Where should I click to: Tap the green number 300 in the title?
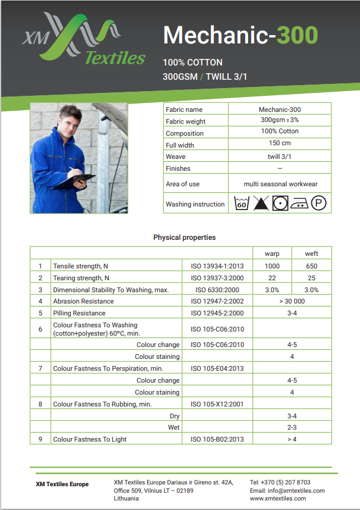(297, 35)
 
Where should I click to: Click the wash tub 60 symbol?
(241, 204)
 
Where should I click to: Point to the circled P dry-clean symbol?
(319, 204)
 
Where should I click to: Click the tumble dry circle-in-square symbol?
(280, 204)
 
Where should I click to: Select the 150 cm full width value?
(280, 143)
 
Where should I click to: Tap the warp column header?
(272, 254)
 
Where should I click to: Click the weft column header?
(311, 254)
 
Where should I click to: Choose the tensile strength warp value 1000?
(272, 266)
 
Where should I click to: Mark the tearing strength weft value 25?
(311, 278)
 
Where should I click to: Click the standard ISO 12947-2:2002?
(217, 301)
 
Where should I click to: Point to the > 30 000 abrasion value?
(292, 301)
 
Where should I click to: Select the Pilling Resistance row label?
(79, 313)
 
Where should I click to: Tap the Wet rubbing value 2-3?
(292, 427)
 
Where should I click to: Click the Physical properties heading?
(184, 237)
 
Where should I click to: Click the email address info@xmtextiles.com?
(287, 490)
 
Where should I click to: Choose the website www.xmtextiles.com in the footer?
(278, 499)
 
